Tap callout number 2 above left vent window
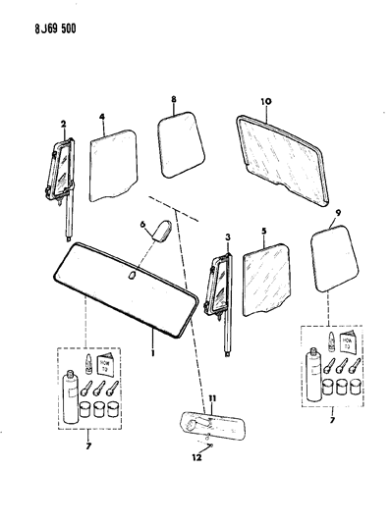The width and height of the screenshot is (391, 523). point(62,124)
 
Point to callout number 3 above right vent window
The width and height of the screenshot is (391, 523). point(228,238)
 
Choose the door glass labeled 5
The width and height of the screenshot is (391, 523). point(261,281)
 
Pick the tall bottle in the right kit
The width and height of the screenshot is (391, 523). point(313,376)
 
